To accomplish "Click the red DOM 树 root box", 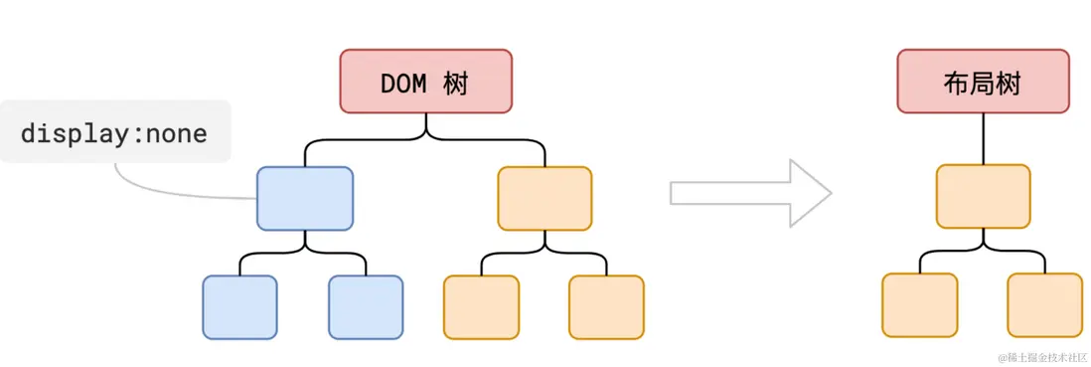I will (426, 82).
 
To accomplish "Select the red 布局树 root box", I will (983, 82).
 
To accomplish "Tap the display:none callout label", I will (114, 131).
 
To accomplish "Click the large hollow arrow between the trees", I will (750, 192).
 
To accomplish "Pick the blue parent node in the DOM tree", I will (305, 198).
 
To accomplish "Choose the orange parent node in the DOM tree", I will (545, 198).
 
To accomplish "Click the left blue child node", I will (239, 307).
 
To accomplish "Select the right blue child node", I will (366, 307).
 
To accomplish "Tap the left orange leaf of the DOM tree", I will (481, 307).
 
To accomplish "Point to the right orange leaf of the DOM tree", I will (606, 307).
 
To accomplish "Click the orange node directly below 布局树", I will (983, 196).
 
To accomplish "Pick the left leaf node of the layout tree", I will (919, 305).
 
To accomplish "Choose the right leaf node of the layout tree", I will (1044, 305).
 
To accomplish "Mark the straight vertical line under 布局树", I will (983, 138).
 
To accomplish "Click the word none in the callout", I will (176, 132).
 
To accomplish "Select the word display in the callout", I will (76, 132).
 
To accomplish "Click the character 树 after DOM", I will (456, 83).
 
